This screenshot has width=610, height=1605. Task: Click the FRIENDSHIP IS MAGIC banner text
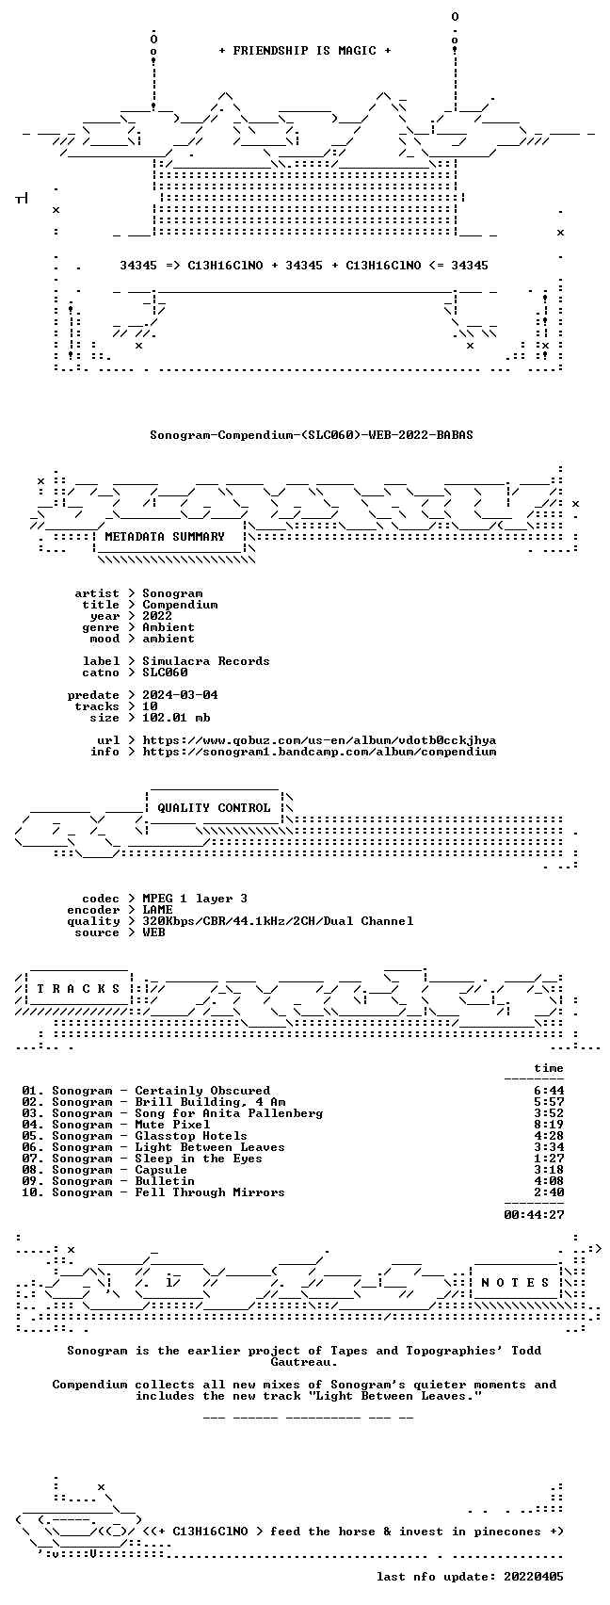click(x=305, y=51)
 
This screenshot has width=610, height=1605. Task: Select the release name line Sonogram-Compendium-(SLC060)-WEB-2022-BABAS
click(x=312, y=435)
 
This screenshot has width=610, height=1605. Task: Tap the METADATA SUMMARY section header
click(x=165, y=537)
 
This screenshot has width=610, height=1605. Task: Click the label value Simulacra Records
click(x=206, y=661)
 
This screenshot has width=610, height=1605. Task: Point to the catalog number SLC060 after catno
click(x=165, y=673)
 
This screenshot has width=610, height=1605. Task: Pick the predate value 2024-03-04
click(x=180, y=695)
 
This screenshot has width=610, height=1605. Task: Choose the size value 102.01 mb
click(x=176, y=718)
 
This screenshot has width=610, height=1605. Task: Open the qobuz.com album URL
click(x=319, y=741)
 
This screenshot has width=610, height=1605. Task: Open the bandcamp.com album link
click(x=319, y=753)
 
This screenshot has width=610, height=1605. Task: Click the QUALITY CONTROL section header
click(x=214, y=808)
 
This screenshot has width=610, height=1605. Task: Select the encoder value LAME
click(x=157, y=910)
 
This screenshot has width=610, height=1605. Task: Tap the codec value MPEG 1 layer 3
click(x=195, y=899)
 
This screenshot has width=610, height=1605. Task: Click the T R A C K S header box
click(x=79, y=990)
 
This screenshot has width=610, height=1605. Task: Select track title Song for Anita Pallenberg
click(x=229, y=1113)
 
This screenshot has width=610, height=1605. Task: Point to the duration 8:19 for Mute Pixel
click(x=549, y=1125)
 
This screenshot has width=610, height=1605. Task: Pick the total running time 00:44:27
click(x=534, y=1215)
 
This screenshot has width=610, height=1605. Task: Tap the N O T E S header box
click(x=516, y=1283)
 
